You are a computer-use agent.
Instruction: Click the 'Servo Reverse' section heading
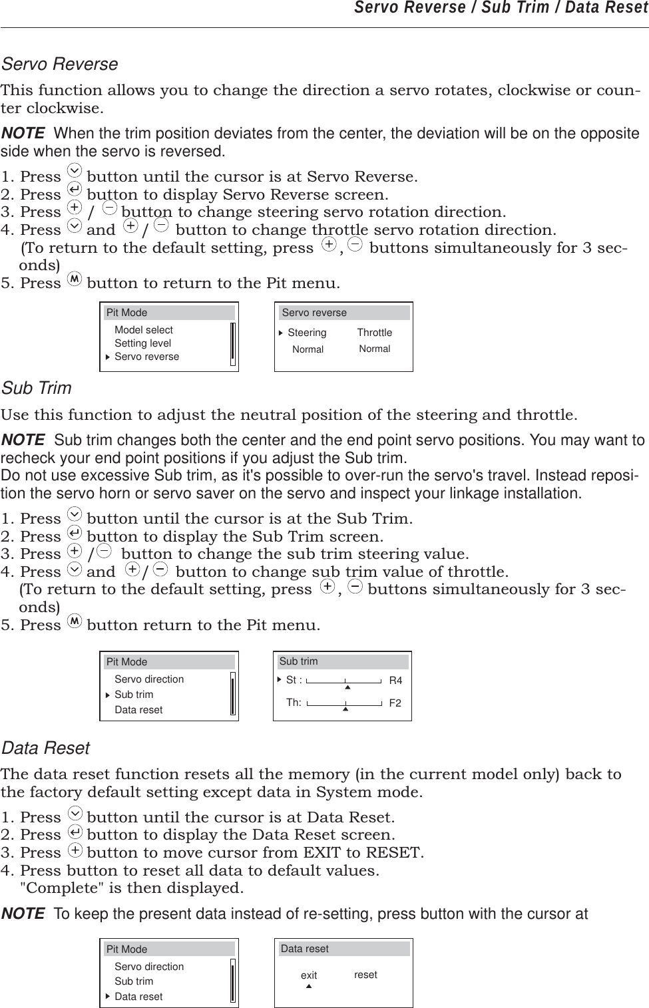60,65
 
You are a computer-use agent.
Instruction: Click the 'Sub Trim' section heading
37,389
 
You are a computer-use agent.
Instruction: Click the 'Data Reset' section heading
46,749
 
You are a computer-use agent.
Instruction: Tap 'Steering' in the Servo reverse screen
307,333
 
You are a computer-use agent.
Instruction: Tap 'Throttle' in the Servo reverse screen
374,333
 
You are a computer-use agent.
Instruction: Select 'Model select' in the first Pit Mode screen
143,330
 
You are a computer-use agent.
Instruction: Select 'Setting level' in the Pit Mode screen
142,343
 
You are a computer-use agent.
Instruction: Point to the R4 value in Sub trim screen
395,681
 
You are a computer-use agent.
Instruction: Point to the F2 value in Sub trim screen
395,703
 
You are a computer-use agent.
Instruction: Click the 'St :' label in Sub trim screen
294,680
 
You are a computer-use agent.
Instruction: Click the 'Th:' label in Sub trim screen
294,703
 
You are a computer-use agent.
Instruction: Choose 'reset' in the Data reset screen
365,975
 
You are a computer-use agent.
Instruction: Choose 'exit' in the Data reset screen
309,975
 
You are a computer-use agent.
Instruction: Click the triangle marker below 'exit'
309,986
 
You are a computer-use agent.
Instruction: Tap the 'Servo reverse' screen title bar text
314,313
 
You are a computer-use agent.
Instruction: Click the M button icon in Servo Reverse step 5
75,281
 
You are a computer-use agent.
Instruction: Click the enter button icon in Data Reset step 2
75,832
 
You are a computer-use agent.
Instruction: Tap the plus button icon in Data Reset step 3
76,850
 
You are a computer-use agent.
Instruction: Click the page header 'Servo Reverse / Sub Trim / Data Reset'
501,8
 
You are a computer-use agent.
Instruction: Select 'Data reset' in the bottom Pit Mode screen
138,997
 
